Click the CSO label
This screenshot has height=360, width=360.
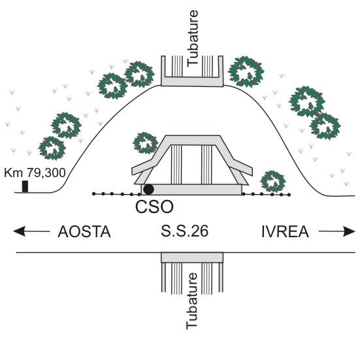click(154, 206)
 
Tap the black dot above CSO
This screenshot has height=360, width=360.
click(148, 189)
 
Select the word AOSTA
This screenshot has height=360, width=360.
click(84, 232)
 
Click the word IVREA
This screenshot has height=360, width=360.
click(285, 232)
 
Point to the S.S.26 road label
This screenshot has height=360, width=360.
click(184, 231)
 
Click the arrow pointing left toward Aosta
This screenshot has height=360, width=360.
click(31, 231)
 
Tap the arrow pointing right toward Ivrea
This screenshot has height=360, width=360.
click(337, 231)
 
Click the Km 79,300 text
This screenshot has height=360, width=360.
click(35, 172)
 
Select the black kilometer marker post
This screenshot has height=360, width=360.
click(25, 186)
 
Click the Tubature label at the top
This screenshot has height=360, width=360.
click(192, 39)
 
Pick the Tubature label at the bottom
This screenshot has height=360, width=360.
click(192, 301)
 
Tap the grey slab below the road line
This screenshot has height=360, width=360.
click(192, 257)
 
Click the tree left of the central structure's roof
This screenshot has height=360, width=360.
click(145, 143)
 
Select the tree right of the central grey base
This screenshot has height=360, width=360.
click(273, 182)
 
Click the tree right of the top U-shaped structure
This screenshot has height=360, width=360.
click(246, 71)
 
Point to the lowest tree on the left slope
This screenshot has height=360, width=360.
click(52, 148)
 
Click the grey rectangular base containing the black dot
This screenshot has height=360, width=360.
click(191, 189)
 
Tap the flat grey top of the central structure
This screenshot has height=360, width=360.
click(193, 140)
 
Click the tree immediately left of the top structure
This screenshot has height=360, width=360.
click(139, 74)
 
